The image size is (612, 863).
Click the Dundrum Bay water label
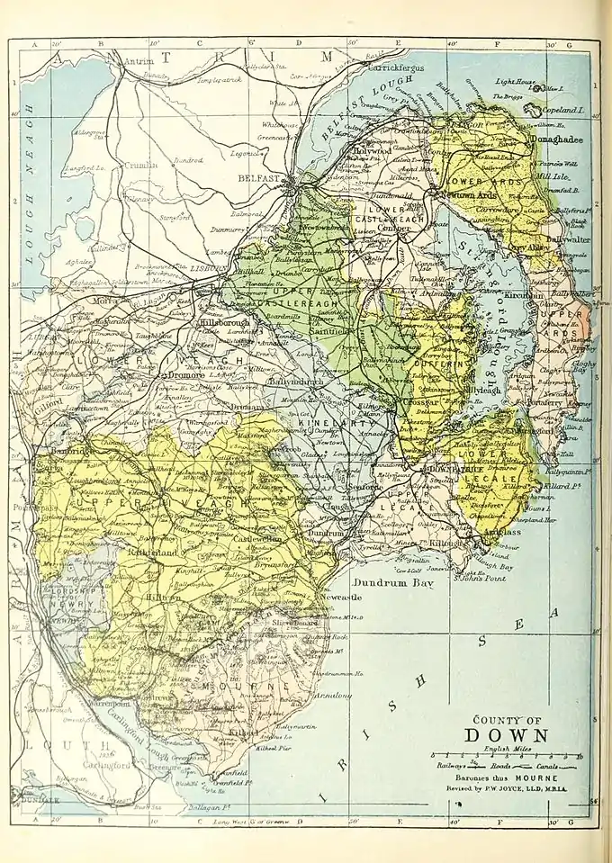point(392,583)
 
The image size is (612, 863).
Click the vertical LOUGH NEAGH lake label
point(30,184)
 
